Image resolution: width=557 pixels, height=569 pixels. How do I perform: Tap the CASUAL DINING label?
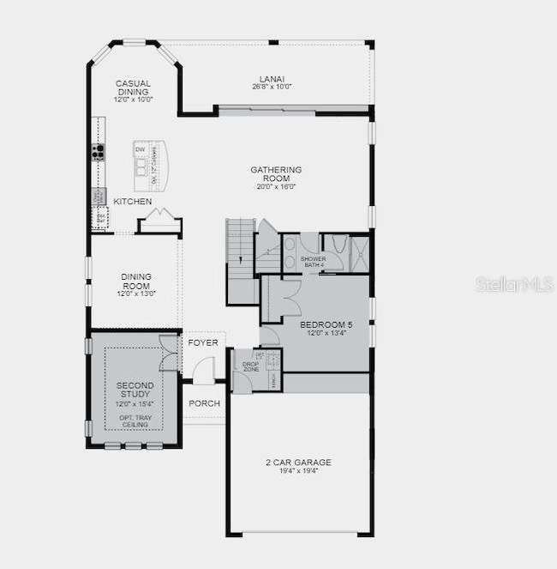133,88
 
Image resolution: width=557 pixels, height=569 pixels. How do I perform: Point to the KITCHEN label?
133,202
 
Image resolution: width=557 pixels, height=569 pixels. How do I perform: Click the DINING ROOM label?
135,281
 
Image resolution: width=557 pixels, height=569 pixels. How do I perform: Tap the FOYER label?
203,342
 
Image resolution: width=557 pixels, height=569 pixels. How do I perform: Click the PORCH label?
204,403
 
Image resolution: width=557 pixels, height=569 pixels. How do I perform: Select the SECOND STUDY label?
135,391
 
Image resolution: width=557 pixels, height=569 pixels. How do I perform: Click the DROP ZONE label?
250,366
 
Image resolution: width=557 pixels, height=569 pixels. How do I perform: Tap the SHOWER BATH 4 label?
313,261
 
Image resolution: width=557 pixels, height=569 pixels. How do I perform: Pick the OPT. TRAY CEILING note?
135,421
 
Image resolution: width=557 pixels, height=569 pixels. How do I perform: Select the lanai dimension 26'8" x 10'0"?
272,86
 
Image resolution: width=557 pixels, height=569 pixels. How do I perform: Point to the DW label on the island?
140,150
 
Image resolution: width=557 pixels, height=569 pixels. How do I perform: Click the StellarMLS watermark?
514,284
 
